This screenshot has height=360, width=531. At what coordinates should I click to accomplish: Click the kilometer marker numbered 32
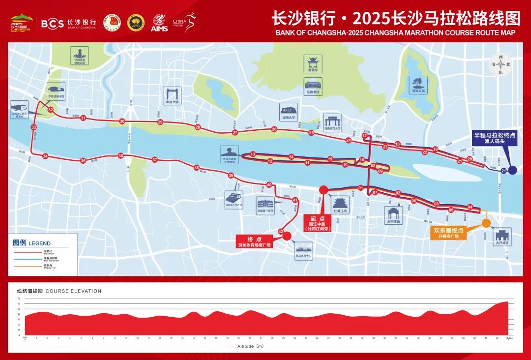50,110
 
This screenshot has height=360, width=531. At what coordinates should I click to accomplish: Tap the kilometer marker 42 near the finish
281,231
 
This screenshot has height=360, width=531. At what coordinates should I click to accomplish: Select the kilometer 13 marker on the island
253,154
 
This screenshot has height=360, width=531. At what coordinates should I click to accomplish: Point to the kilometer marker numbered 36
121,156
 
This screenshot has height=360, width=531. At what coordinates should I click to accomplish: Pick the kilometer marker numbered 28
198,127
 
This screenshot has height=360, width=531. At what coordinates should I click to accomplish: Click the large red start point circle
324,190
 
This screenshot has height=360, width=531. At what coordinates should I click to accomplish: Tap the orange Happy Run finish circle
486,223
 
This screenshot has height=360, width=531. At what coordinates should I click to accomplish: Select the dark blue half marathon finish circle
512,170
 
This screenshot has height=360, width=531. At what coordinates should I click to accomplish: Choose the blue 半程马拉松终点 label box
495,138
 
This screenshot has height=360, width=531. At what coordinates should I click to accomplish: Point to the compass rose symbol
501,65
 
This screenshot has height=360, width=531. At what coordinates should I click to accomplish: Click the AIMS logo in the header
160,23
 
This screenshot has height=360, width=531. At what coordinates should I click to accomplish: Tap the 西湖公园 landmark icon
418,84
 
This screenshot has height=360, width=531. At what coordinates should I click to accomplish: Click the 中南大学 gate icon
172,95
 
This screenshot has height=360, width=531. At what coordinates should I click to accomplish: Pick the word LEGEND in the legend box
39,243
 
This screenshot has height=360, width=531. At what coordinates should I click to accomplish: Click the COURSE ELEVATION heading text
73,291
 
